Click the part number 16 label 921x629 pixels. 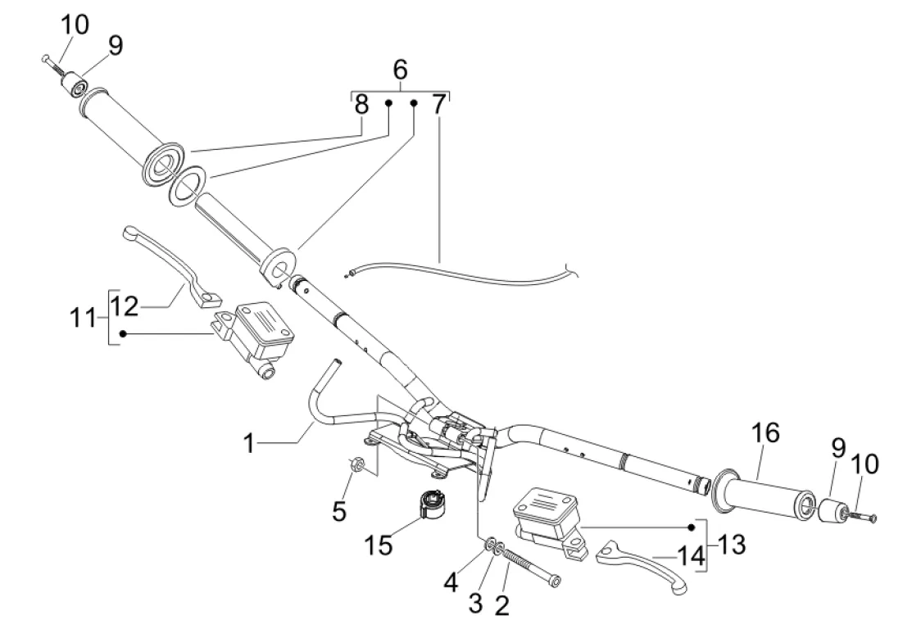767,434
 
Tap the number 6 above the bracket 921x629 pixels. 400,70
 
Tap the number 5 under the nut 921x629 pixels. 338,511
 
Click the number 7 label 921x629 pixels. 439,106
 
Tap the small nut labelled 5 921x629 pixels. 356,465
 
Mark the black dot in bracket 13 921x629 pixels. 692,527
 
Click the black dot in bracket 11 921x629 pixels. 123,333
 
